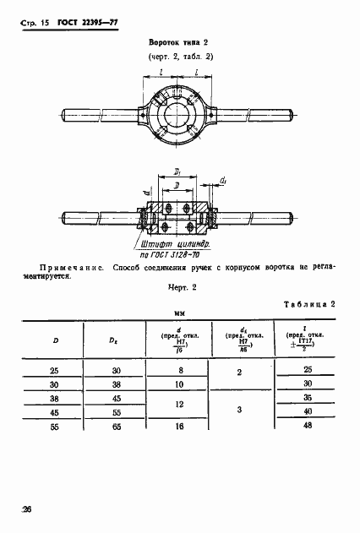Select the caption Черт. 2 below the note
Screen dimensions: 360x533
[178, 288]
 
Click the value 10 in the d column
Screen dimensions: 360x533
[178, 384]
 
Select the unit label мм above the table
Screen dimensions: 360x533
[178, 320]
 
